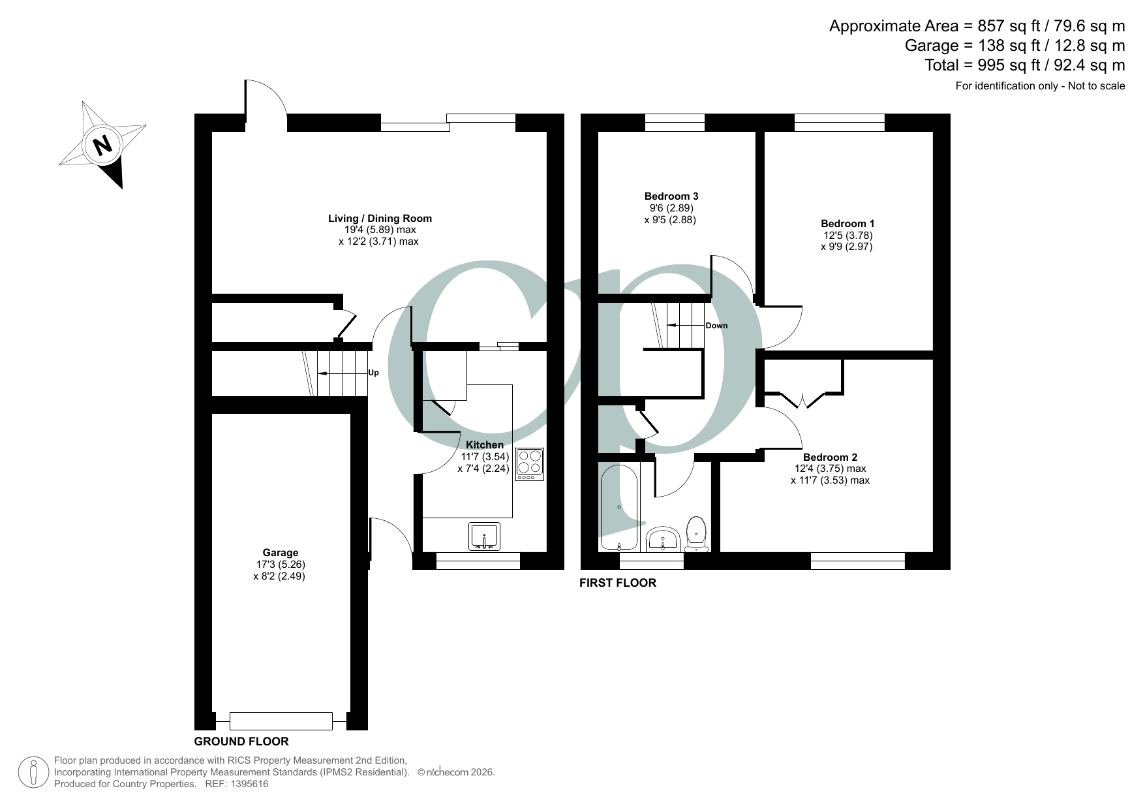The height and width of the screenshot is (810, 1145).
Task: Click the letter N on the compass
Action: click(x=102, y=144)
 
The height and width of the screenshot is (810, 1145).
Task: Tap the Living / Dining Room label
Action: click(x=379, y=218)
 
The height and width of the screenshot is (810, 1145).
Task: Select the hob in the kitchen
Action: click(x=529, y=464)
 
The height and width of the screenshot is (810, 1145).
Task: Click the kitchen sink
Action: click(x=484, y=536)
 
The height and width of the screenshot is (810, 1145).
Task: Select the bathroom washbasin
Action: click(x=664, y=540)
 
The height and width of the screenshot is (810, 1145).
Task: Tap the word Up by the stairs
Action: click(x=373, y=373)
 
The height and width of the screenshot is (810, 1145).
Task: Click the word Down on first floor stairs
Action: click(x=716, y=326)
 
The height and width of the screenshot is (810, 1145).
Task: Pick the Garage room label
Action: click(x=281, y=552)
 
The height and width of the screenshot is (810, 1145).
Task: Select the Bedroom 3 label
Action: click(x=671, y=196)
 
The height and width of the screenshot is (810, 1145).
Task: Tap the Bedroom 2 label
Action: click(x=830, y=457)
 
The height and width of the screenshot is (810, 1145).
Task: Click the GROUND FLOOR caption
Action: click(x=241, y=741)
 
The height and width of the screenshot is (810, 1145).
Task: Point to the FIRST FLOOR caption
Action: click(x=618, y=583)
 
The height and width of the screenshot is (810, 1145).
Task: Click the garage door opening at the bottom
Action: click(x=281, y=721)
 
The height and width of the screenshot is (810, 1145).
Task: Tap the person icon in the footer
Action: click(x=34, y=772)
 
